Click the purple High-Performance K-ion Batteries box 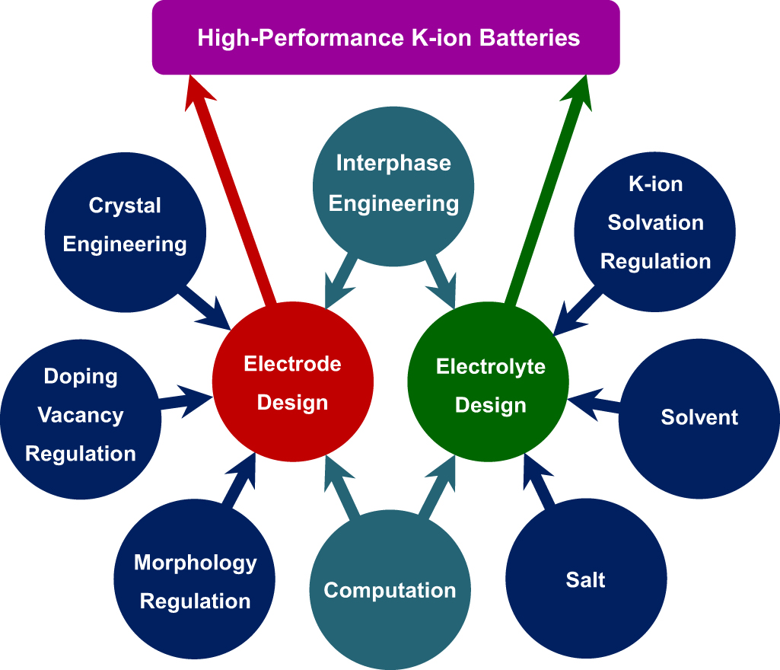tap(386, 37)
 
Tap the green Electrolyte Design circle tap(490, 385)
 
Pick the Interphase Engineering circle tap(393, 183)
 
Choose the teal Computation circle tap(390, 590)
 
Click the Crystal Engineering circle tap(125, 225)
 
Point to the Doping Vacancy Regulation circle tap(80, 415)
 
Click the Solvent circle tap(699, 417)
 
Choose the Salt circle tap(585, 579)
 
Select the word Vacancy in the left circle tap(80, 415)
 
